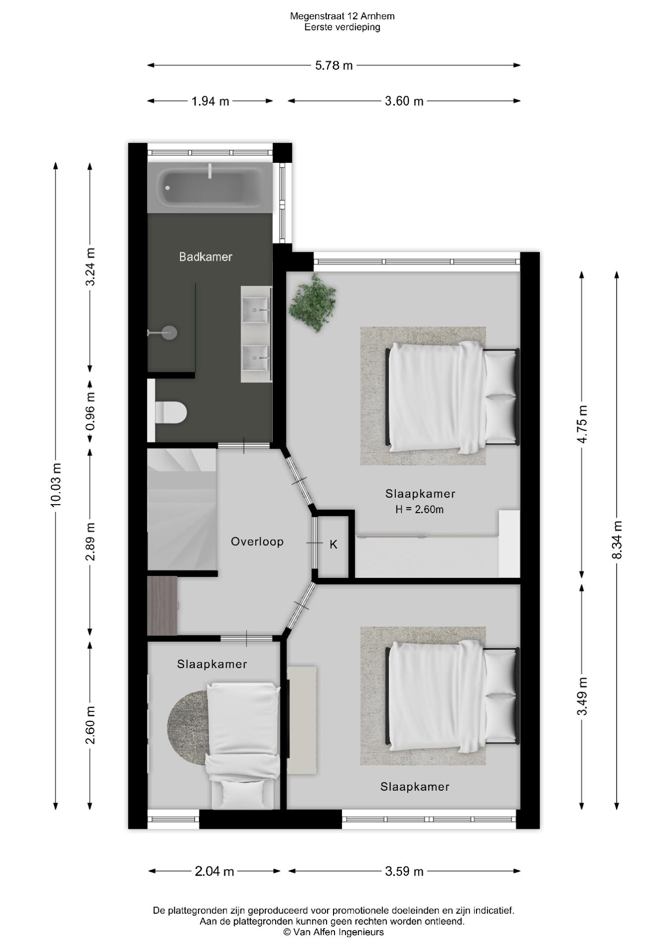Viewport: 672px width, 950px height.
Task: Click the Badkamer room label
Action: pyautogui.click(x=205, y=257)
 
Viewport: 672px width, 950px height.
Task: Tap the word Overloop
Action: pyautogui.click(x=257, y=542)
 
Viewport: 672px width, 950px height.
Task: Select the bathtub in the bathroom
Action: pyautogui.click(x=210, y=188)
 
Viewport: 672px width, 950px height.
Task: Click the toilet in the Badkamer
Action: pyautogui.click(x=170, y=412)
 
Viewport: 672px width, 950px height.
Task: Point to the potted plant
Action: pyautogui.click(x=313, y=302)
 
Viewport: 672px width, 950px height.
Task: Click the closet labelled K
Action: pyautogui.click(x=334, y=545)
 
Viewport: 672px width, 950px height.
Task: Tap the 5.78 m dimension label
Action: pyautogui.click(x=334, y=65)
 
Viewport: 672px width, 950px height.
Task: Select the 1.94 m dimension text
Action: pyautogui.click(x=210, y=101)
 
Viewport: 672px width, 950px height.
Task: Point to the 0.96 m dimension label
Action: pyautogui.click(x=90, y=411)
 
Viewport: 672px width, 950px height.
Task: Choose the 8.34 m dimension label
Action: pyautogui.click(x=617, y=540)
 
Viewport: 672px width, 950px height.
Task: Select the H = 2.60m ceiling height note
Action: pyautogui.click(x=419, y=509)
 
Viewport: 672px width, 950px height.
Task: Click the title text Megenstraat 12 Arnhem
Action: pyautogui.click(x=342, y=16)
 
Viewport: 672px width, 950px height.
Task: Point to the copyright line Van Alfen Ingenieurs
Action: pyautogui.click(x=334, y=932)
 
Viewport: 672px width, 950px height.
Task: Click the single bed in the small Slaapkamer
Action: pyautogui.click(x=243, y=746)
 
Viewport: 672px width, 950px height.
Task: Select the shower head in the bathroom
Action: pyautogui.click(x=163, y=332)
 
